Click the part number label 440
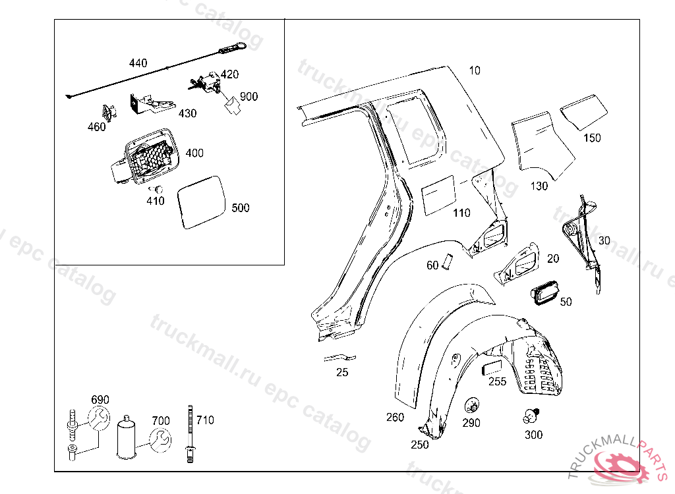click(138, 63)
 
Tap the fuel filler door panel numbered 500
click(202, 201)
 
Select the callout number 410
click(156, 202)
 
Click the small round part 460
click(108, 113)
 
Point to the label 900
click(249, 96)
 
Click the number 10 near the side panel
click(475, 70)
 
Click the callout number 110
click(461, 213)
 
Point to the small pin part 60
click(447, 261)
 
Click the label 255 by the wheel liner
click(498, 381)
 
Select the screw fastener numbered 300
click(531, 416)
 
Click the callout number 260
click(395, 417)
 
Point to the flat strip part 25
click(339, 358)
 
